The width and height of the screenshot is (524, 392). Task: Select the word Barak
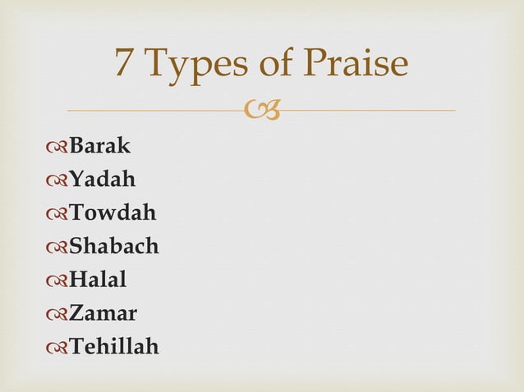(x=99, y=146)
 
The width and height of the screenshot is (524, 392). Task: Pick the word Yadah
(x=103, y=180)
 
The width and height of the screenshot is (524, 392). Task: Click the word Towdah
(x=113, y=213)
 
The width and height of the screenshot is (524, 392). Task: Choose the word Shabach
(x=114, y=247)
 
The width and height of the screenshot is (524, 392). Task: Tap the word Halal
(x=98, y=280)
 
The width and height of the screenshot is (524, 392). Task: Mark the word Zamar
(x=103, y=314)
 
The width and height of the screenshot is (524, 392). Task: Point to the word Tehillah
(x=114, y=348)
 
